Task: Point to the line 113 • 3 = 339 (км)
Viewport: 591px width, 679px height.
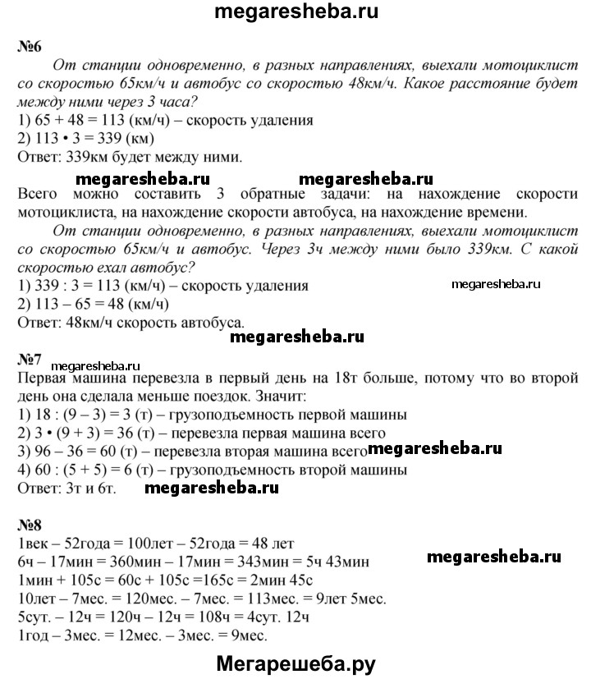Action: click(90, 139)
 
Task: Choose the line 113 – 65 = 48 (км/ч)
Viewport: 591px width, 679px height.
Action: click(91, 304)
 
